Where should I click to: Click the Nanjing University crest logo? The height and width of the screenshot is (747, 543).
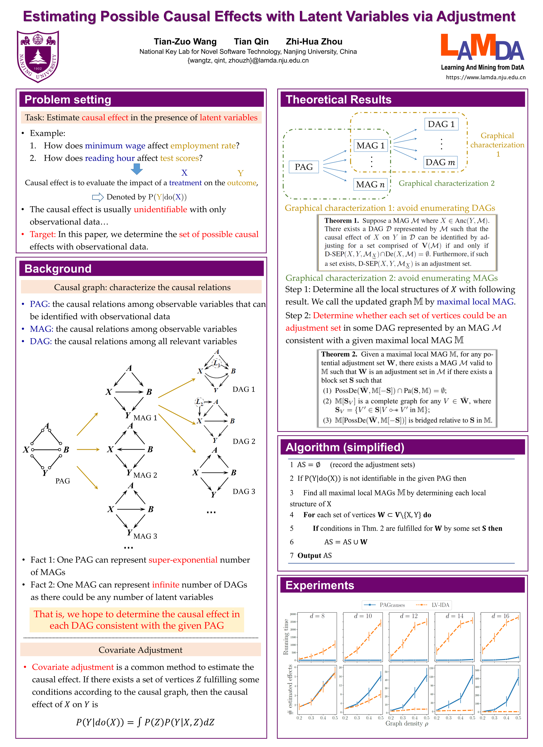(x=38, y=56)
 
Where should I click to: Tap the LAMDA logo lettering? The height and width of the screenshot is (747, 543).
(x=482, y=48)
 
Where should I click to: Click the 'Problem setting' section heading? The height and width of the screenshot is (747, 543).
(x=68, y=99)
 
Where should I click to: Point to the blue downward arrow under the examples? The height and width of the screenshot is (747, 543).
(x=137, y=169)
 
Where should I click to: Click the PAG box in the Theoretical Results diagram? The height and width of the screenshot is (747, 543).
(x=304, y=167)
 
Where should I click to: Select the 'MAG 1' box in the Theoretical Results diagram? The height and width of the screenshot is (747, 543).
(x=370, y=146)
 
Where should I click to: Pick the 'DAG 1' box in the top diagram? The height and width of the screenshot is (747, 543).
(x=441, y=124)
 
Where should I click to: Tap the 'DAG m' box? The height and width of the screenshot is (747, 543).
(x=440, y=162)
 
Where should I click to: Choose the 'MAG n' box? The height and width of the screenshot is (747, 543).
(x=370, y=184)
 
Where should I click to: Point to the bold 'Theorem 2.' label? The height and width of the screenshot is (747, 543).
(x=339, y=354)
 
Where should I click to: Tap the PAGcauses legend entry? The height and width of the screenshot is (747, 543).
(x=385, y=605)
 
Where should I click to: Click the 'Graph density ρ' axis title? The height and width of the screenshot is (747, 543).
(x=406, y=724)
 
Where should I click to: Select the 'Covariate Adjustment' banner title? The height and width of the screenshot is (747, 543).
(x=140, y=650)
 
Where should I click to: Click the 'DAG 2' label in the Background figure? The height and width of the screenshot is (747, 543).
(x=244, y=441)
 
